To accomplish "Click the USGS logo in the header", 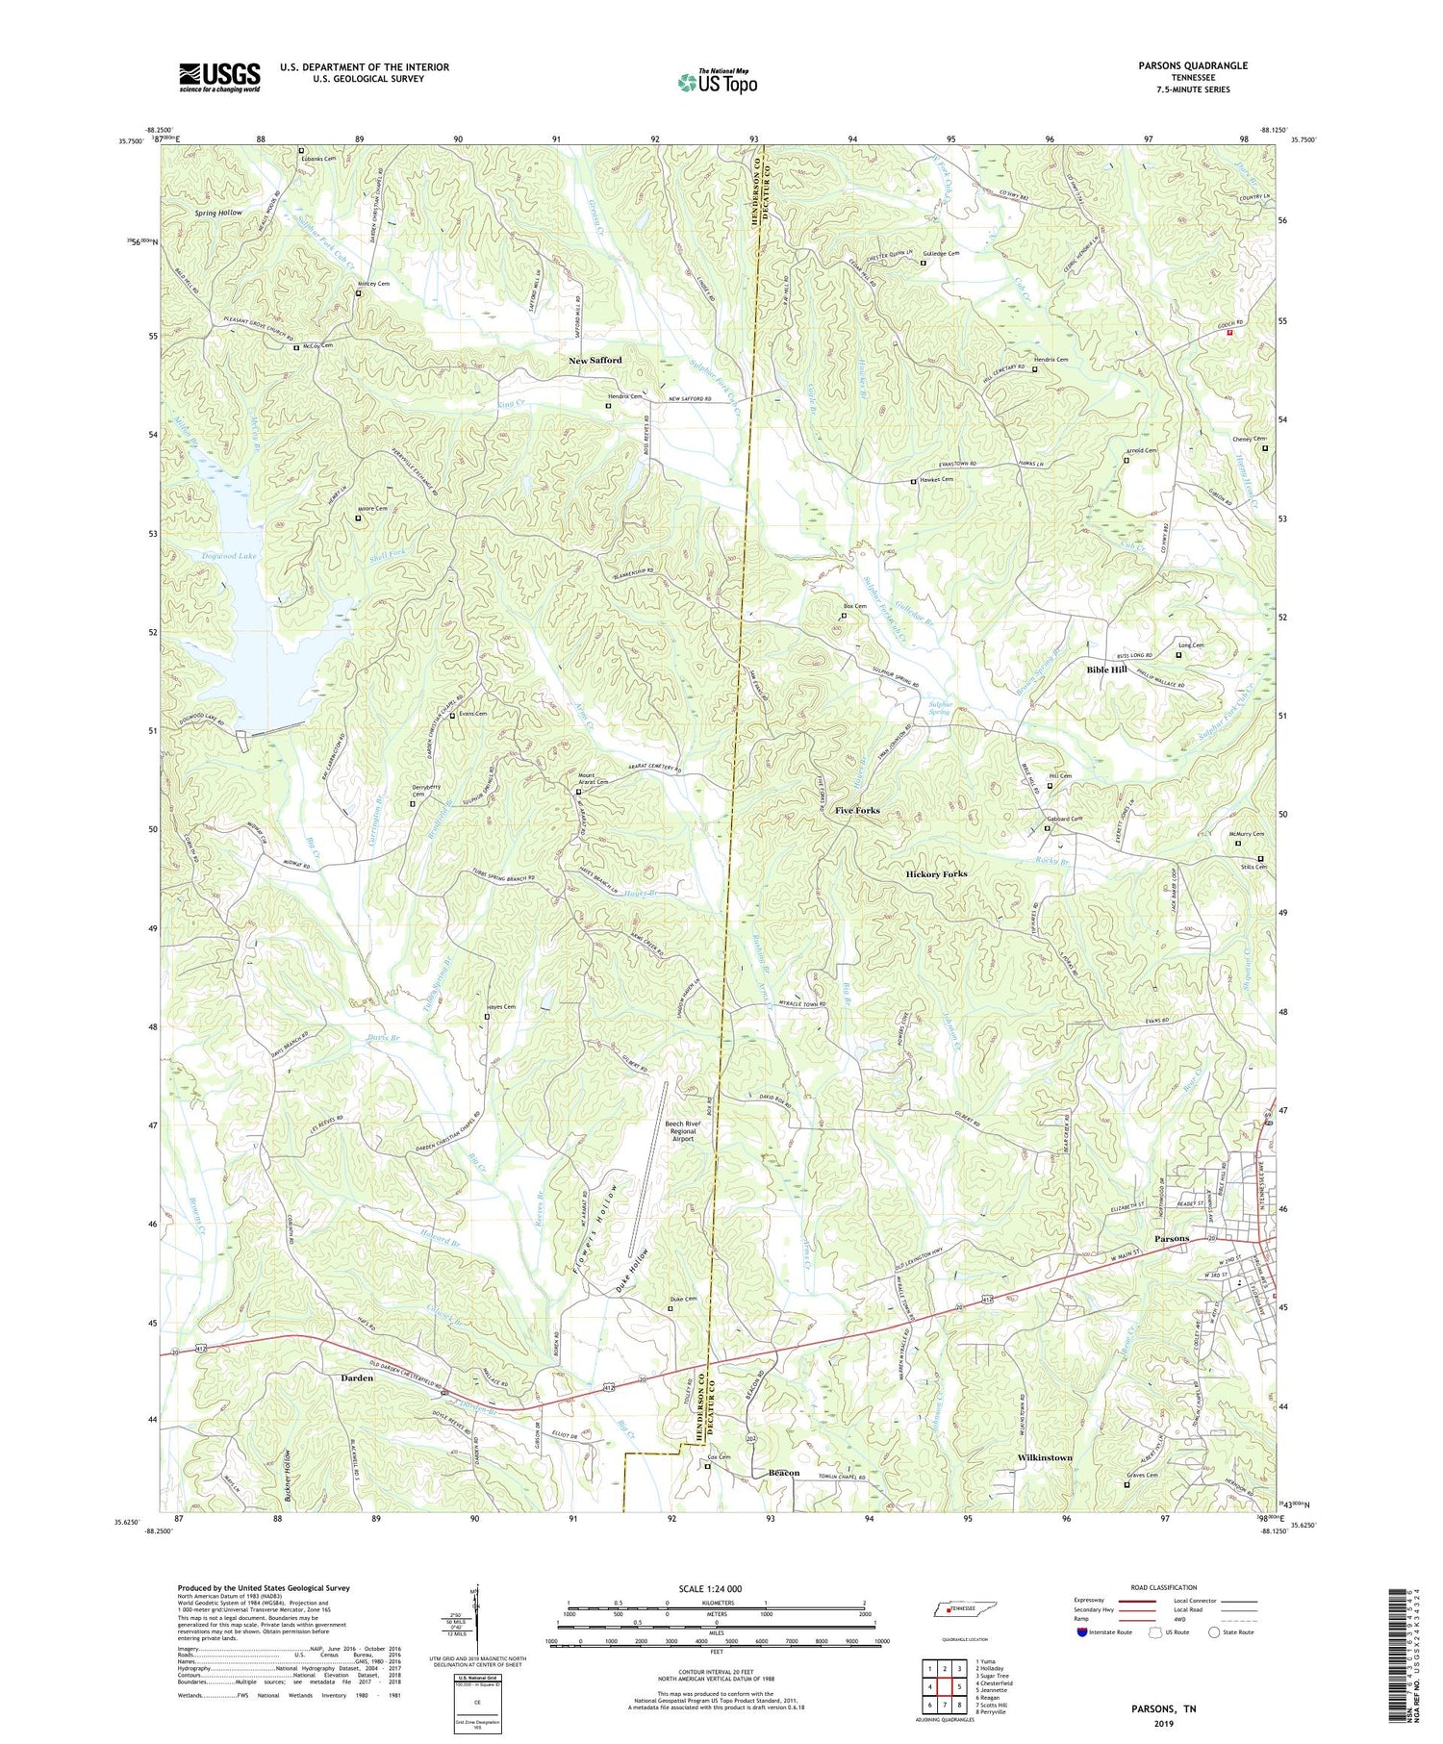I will (x=219, y=76).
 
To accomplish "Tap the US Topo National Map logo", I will (x=718, y=82).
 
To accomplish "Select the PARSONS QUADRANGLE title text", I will (x=1193, y=65).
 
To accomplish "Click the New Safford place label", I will (x=595, y=360).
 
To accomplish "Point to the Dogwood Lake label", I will (x=229, y=556).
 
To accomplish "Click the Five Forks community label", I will (x=857, y=810).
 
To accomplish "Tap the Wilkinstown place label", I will (x=1045, y=1457).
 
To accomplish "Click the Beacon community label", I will (x=784, y=1473).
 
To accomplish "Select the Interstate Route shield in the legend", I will (x=1082, y=1632).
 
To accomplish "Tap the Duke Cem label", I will (x=683, y=1300).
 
